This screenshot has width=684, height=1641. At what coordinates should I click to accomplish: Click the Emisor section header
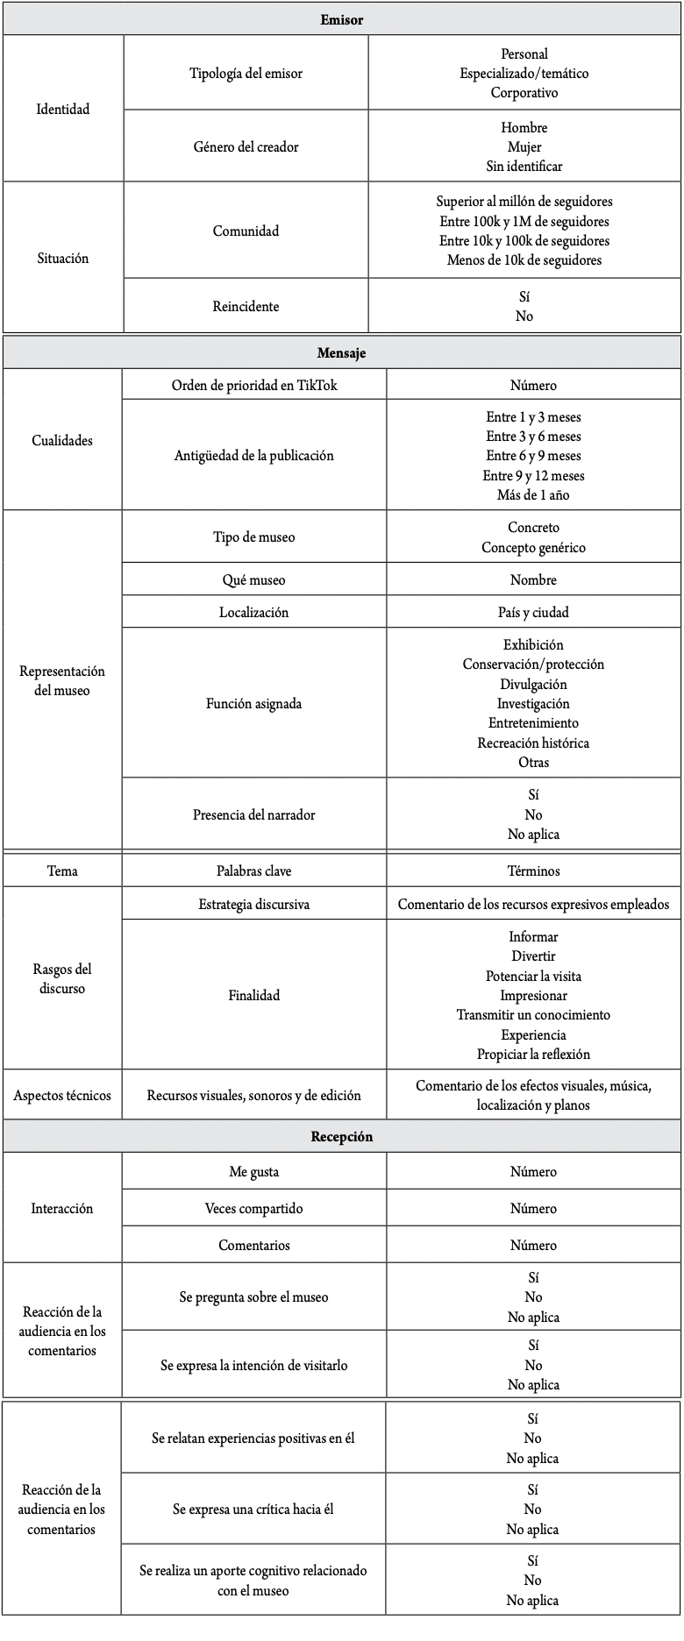click(341, 19)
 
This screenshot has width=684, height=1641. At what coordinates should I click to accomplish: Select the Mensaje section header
click(341, 353)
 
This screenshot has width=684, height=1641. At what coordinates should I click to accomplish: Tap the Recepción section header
click(341, 1136)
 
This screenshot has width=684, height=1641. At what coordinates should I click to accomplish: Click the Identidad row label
click(63, 110)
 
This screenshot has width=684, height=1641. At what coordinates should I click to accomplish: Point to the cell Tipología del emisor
click(246, 73)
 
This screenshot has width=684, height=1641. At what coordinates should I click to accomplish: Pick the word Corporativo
click(524, 93)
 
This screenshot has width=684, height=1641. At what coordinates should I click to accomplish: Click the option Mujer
click(524, 146)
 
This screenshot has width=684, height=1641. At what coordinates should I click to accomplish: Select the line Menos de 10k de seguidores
click(524, 260)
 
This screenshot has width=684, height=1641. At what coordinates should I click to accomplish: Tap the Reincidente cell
click(246, 306)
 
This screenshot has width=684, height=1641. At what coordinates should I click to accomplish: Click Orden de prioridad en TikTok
click(253, 385)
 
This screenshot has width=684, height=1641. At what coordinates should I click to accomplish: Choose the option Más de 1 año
click(533, 495)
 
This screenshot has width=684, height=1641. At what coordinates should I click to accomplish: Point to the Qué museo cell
click(253, 579)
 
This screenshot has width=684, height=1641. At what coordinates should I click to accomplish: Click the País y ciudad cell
click(533, 612)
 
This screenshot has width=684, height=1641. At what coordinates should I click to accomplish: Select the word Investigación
click(533, 704)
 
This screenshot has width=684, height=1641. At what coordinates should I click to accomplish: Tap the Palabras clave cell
click(253, 870)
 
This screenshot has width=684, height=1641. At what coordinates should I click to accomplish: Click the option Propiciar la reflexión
click(533, 1055)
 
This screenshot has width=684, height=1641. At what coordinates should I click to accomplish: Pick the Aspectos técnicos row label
click(62, 1095)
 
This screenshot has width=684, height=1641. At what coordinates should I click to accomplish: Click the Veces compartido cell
click(253, 1208)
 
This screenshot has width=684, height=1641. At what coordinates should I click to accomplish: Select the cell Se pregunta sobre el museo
click(253, 1296)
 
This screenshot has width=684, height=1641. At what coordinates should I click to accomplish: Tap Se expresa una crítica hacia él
click(253, 1510)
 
